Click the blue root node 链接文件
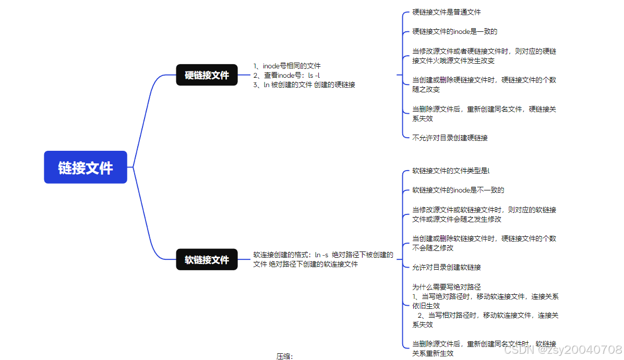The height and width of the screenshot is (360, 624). tap(86, 167)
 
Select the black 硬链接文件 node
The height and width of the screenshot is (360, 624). tap(207, 75)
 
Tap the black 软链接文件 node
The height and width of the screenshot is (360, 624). tap(207, 259)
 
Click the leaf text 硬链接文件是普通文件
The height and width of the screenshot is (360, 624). tap(446, 12)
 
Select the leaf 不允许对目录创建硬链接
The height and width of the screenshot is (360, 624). tap(450, 138)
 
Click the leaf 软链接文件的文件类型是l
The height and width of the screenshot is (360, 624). tap(451, 171)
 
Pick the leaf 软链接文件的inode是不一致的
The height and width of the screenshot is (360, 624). tap(458, 190)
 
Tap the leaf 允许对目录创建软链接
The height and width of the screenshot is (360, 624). tap(446, 267)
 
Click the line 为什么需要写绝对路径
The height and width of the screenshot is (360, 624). tap(446, 286)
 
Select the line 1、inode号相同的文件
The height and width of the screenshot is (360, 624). tap(287, 66)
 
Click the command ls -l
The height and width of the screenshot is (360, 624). tap(314, 75)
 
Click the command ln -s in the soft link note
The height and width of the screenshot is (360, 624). tap(321, 255)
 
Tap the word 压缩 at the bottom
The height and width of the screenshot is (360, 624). tap(284, 356)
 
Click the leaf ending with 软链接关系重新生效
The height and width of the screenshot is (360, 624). tap(484, 349)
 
